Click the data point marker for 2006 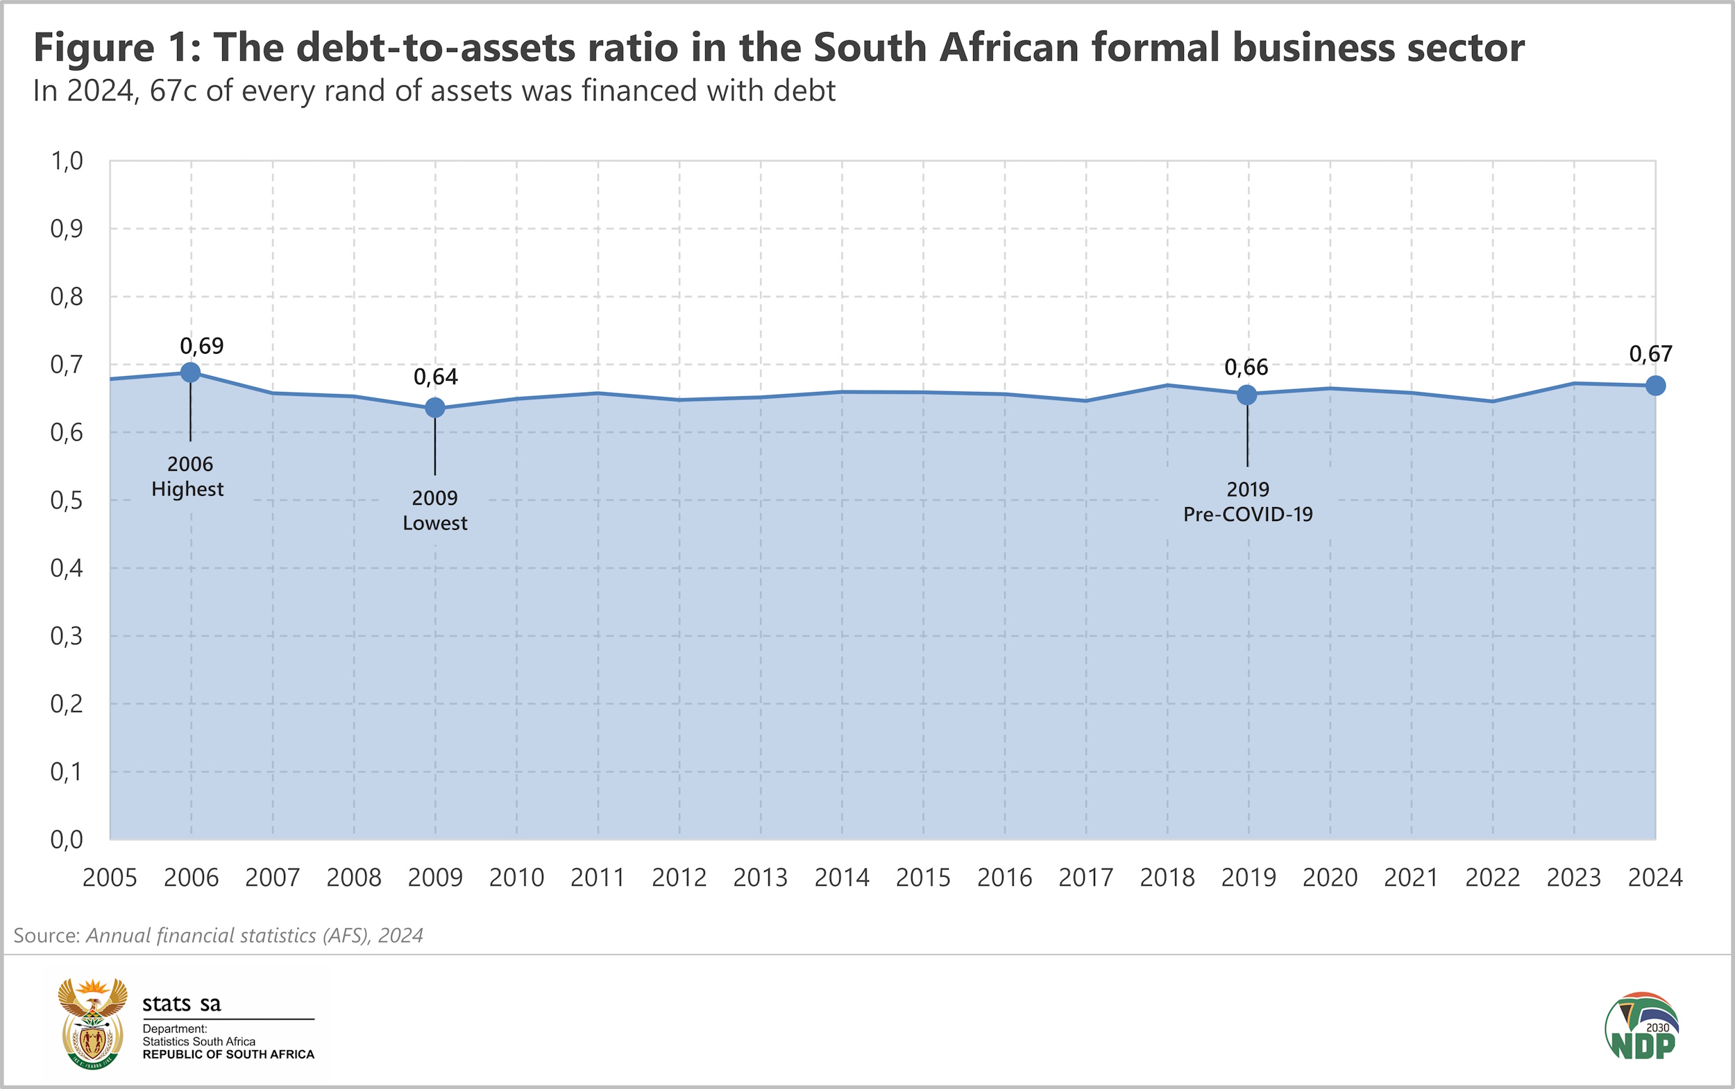click(190, 372)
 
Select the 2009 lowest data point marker click(434, 408)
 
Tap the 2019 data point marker click(1246, 395)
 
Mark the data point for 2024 click(1655, 386)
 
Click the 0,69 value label click(202, 346)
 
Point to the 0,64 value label click(435, 377)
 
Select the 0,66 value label click(1246, 368)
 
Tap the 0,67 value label click(1651, 354)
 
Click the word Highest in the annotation click(187, 490)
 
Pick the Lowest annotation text click(434, 524)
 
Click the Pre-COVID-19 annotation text click(1248, 515)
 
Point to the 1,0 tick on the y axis click(67, 162)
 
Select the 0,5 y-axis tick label click(67, 501)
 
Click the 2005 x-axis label click(110, 878)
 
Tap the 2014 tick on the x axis click(842, 878)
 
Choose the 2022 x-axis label click(1492, 878)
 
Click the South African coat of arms click(92, 1022)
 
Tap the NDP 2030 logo click(1641, 1027)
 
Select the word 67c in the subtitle click(173, 92)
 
